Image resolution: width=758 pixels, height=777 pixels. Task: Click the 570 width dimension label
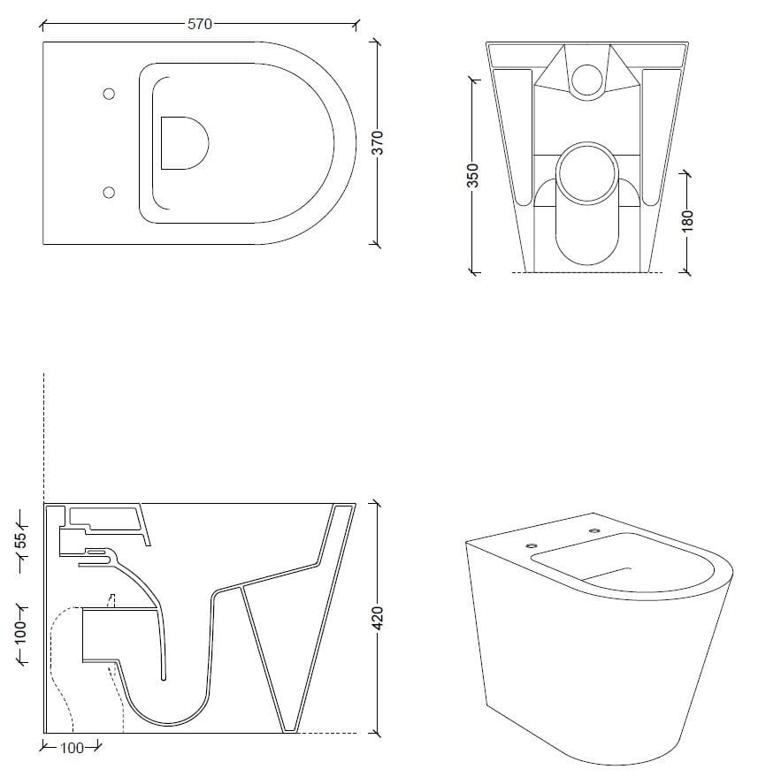200,25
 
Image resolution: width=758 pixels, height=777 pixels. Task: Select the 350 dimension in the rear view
472,174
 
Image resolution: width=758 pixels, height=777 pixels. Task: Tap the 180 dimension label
689,220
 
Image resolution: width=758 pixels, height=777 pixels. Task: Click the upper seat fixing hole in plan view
109,95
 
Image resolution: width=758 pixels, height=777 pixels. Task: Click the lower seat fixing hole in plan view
109,192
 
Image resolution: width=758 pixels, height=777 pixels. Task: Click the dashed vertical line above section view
43,433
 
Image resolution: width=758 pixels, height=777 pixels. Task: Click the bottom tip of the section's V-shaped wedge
288,730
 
